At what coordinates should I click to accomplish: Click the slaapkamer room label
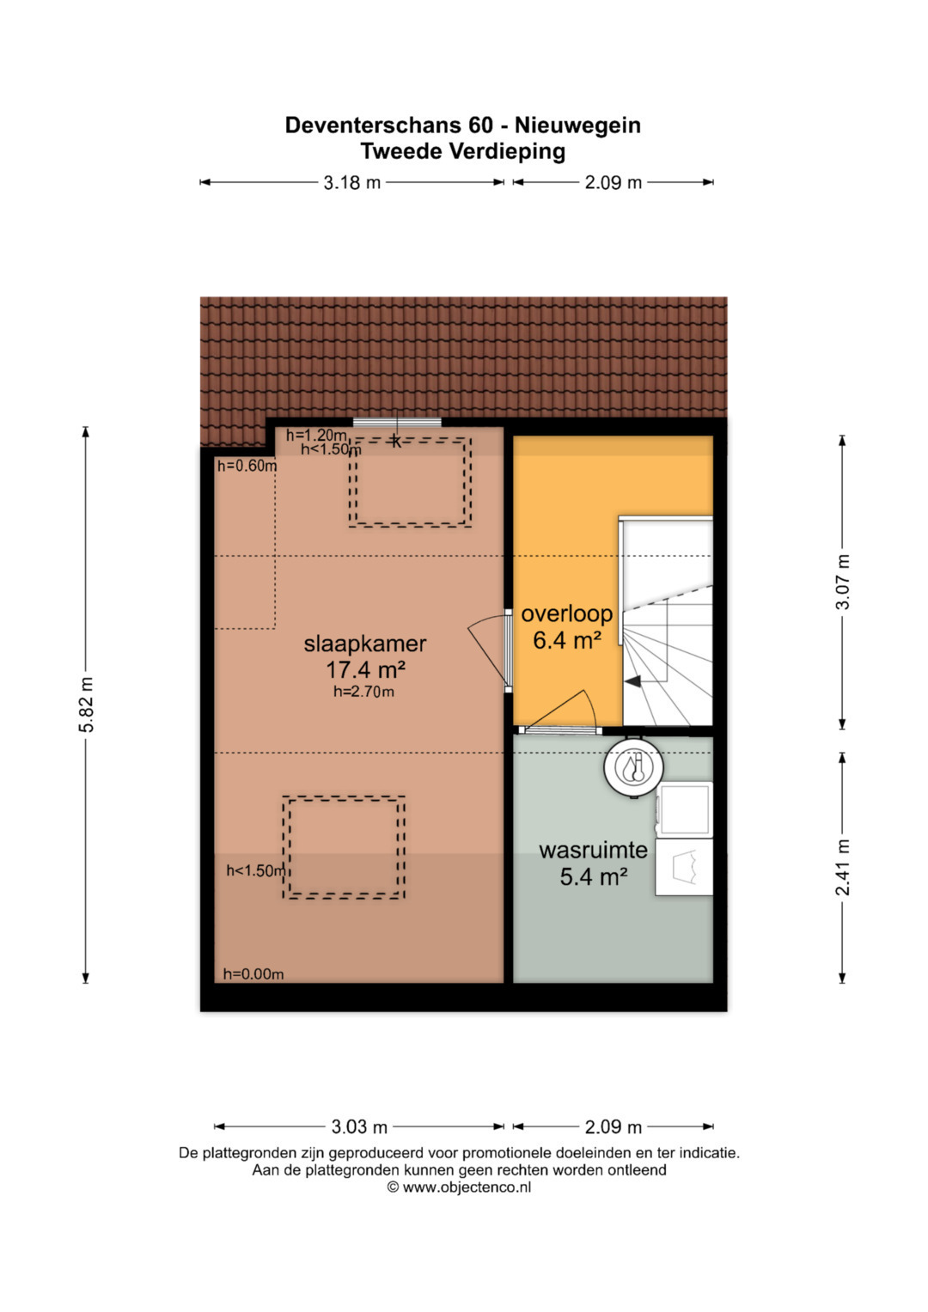[364, 644]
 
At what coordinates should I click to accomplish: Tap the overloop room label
[566, 613]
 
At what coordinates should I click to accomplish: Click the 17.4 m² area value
[365, 668]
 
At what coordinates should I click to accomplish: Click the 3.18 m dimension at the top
[352, 183]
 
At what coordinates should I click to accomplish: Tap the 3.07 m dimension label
[842, 582]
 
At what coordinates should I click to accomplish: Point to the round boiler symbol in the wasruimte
[633, 767]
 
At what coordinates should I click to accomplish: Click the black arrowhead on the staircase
[632, 681]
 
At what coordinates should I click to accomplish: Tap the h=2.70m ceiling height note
[363, 692]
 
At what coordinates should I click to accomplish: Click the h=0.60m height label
[247, 467]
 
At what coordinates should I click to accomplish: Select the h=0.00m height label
[253, 974]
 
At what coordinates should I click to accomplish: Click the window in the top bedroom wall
[397, 422]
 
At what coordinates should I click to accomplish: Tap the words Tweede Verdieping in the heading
[463, 151]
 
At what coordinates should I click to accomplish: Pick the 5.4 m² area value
[594, 876]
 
